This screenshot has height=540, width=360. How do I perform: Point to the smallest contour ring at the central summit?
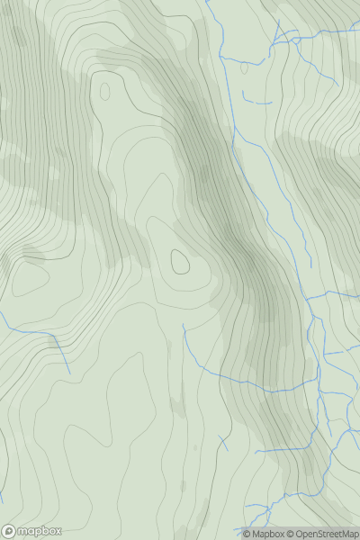(x=180, y=262)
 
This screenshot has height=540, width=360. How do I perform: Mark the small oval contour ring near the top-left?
(x=105, y=91)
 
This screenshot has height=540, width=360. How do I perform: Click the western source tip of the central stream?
(x=184, y=326)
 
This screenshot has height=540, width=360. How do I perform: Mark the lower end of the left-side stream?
(x=69, y=373)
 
